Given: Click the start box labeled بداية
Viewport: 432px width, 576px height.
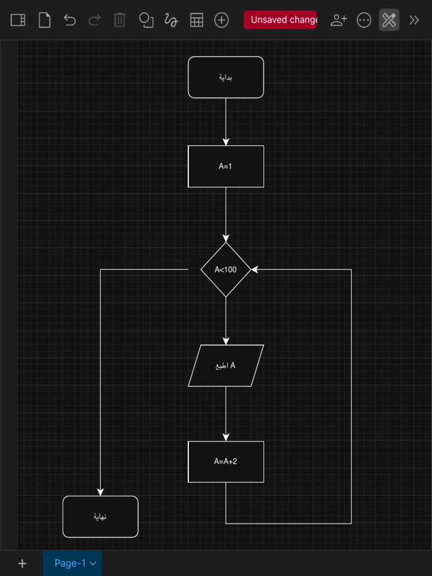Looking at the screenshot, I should pos(226,77).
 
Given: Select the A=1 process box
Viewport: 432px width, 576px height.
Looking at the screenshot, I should pos(226,166).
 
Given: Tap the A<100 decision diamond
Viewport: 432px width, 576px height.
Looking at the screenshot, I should pos(226,269).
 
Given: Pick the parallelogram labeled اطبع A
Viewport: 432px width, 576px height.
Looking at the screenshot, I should pos(226,366).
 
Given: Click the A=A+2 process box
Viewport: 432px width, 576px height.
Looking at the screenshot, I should pos(226,461).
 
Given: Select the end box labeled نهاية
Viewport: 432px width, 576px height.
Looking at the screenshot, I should pos(100,516).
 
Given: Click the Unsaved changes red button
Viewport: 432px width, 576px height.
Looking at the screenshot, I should pos(280,20).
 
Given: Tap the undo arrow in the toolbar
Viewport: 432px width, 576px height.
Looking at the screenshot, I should pos(69,20).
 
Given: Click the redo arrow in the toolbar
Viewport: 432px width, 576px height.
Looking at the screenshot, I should pos(94,20).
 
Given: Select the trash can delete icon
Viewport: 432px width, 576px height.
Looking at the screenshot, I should pos(120,20).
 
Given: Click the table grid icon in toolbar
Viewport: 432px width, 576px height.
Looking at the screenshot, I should pos(196,20).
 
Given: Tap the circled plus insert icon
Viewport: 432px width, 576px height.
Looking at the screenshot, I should pos(222,20).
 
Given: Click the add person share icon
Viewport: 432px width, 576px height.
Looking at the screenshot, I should pos(339,20).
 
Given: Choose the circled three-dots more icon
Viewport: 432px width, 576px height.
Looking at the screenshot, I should pos(364,20).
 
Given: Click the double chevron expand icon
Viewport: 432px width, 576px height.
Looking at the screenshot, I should pos(415,20).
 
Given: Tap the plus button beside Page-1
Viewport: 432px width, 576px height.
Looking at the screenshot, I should pos(22,563).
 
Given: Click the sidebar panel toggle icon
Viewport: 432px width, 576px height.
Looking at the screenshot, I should pos(18,20).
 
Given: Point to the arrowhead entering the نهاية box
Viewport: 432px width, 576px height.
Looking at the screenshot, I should pos(100,492).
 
